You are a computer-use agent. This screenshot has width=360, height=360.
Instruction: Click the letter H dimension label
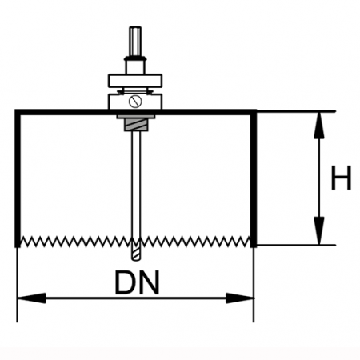coord(341,178)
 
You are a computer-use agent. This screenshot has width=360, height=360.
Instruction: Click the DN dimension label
coord(137,282)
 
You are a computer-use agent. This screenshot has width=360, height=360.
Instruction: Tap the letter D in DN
coord(126,282)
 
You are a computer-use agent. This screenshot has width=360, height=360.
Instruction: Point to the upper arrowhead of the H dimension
coord(319,125)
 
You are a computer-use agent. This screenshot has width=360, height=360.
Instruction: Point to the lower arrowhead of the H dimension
coord(319,230)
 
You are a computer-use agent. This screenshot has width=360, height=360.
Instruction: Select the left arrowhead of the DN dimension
coord(31,298)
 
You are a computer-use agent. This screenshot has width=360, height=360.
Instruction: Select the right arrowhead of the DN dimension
coord(240,298)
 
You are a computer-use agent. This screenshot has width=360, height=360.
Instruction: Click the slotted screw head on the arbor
coord(135,102)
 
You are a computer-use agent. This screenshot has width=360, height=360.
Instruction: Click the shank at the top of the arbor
coord(135,42)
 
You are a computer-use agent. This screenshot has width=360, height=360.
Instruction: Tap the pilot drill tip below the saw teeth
coord(135,254)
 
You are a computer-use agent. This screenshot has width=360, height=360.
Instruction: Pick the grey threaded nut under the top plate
coord(135,125)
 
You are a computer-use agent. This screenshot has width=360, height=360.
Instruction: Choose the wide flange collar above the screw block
coord(135,81)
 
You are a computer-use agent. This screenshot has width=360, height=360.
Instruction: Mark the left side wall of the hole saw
coord(18,178)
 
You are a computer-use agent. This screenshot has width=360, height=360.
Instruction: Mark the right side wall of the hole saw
coord(254,178)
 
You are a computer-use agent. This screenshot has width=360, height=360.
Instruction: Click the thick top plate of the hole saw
coord(135,112)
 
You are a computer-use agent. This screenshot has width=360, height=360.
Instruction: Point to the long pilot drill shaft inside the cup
coord(135,184)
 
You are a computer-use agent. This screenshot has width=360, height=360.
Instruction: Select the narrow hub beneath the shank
coord(135,66)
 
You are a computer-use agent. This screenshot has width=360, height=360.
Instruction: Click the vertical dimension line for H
coord(319,178)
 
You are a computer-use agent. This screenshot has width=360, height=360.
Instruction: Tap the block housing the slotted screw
coord(135,102)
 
